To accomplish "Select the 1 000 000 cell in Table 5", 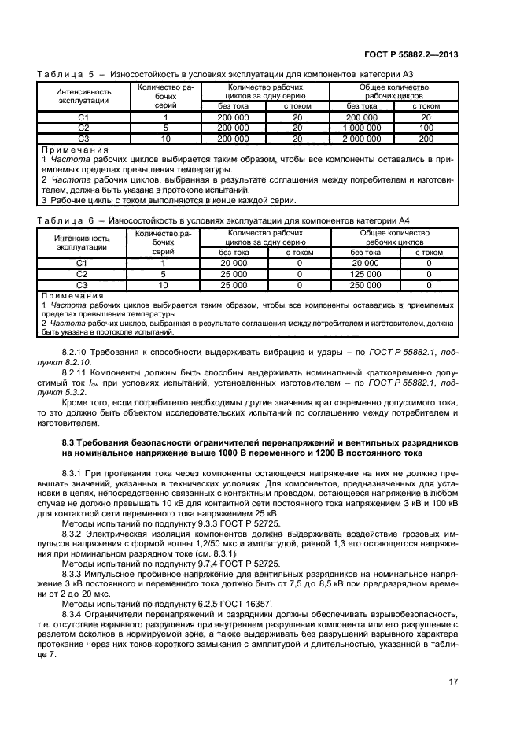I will point(363,127).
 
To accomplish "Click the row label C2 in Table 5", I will point(83,127).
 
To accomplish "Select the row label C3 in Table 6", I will point(83,284).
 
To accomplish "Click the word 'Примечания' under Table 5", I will point(65,148).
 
